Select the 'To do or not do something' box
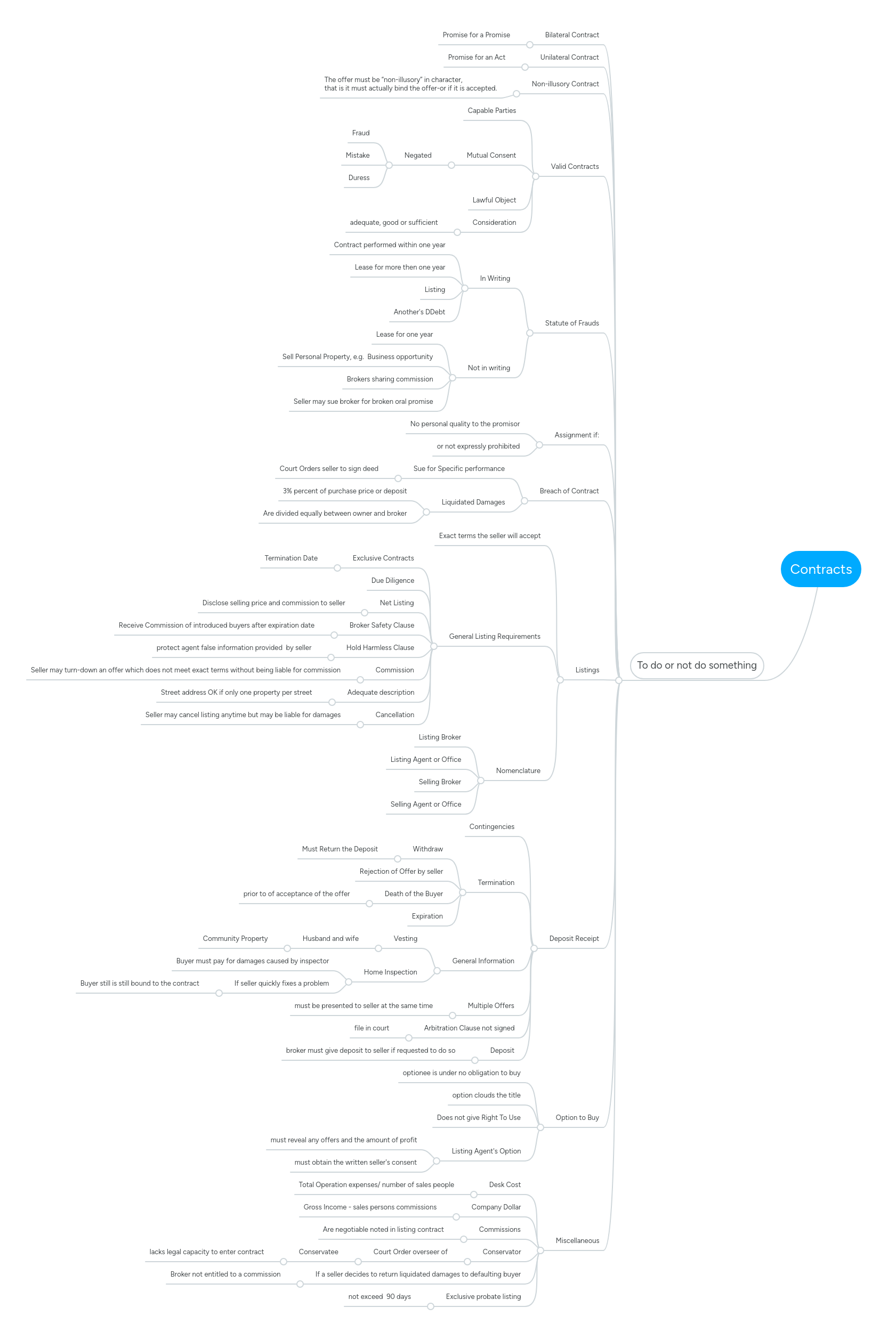pyautogui.click(x=696, y=665)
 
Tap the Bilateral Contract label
pyautogui.click(x=571, y=35)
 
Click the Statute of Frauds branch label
pyautogui.click(x=571, y=323)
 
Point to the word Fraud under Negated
pyautogui.click(x=361, y=133)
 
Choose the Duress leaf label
pyautogui.click(x=359, y=178)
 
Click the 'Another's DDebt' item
pyautogui.click(x=419, y=312)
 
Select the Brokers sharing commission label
pyautogui.click(x=390, y=379)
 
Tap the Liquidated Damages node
pyautogui.click(x=473, y=502)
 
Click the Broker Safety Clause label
pyautogui.click(x=381, y=625)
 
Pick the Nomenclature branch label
pyautogui.click(x=518, y=770)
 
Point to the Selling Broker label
pyautogui.click(x=439, y=782)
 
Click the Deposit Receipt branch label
pyautogui.click(x=574, y=939)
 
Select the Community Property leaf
pyautogui.click(x=235, y=939)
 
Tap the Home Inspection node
pyautogui.click(x=390, y=972)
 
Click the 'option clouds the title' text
pyautogui.click(x=486, y=1095)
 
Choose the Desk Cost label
pyautogui.click(x=505, y=1185)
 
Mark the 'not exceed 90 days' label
pyautogui.click(x=380, y=1296)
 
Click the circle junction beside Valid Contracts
pyautogui.click(x=535, y=176)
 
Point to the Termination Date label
pyautogui.click(x=291, y=558)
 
